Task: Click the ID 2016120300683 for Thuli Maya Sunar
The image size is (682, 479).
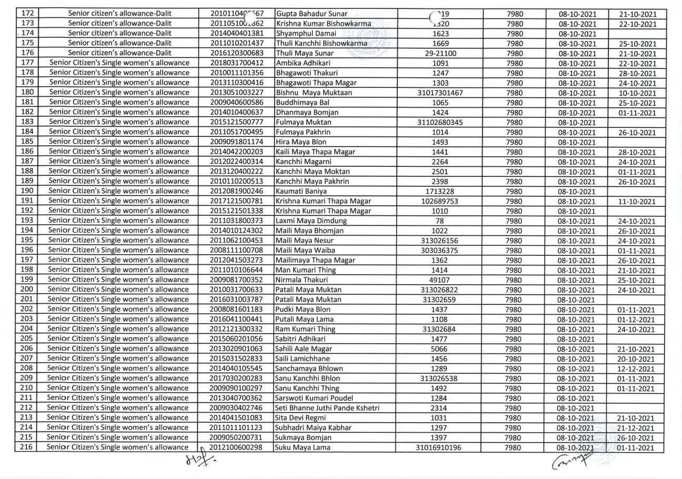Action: pyautogui.click(x=236, y=53)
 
